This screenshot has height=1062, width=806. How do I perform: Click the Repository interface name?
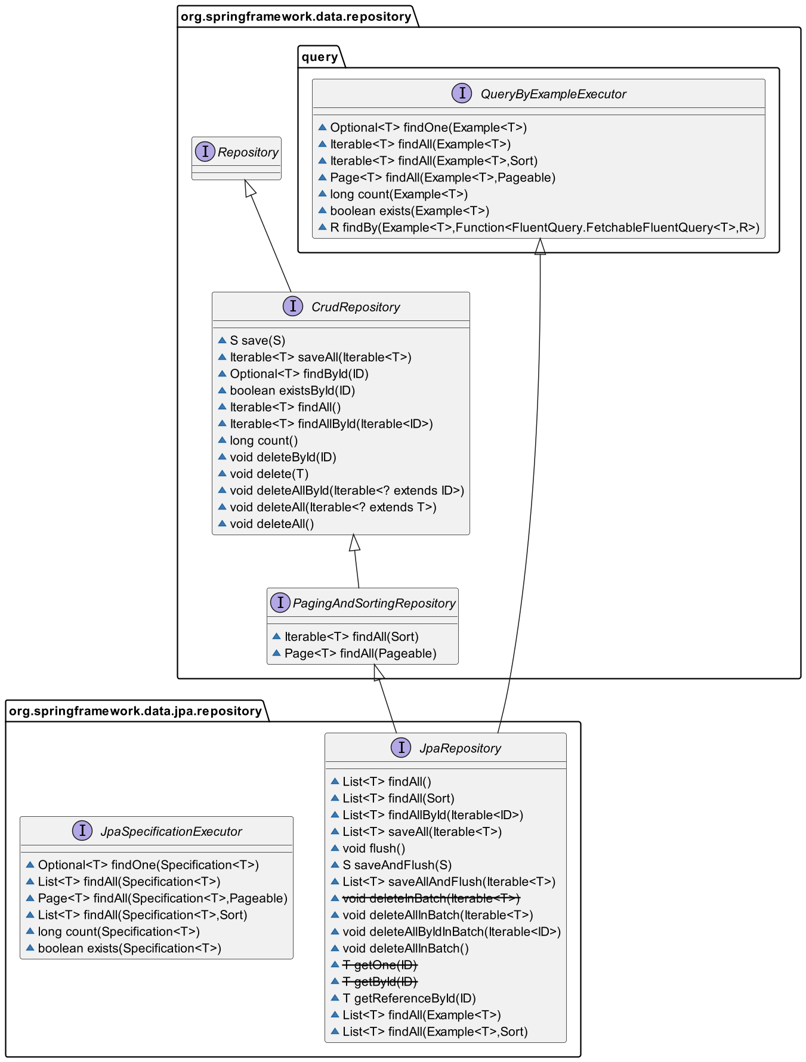coord(248,152)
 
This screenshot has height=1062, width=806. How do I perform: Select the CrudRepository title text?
coord(356,307)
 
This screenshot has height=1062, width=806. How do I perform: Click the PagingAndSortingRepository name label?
coord(374,603)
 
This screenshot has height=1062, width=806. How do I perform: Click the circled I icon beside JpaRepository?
coord(401,748)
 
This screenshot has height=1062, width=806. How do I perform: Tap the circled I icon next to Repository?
coord(205,152)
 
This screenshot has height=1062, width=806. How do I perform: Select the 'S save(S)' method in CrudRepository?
coord(258,341)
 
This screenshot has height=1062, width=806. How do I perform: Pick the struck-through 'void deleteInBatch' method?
coord(431,899)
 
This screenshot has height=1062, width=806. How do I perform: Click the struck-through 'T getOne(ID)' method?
coord(380,965)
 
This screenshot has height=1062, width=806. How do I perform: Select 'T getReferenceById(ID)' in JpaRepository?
coord(409,999)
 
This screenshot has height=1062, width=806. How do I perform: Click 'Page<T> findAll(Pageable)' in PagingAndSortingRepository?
coord(360,653)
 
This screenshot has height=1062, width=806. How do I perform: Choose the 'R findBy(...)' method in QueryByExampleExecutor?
coord(545,227)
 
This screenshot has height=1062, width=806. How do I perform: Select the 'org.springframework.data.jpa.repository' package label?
coord(135,711)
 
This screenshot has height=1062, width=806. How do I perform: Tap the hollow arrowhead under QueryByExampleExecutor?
coord(540,246)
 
